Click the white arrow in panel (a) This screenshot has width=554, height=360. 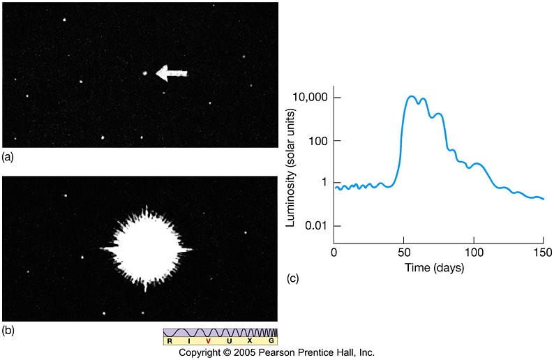click(172, 72)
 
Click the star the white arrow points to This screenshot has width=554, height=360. click(144, 72)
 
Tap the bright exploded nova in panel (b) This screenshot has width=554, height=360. click(145, 248)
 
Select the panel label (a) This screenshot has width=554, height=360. click(8, 157)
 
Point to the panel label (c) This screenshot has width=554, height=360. click(293, 278)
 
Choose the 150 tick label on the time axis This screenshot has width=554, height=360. click(543, 251)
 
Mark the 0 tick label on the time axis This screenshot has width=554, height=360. click(334, 251)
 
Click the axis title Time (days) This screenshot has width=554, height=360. click(437, 267)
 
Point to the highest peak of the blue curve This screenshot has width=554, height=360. click(412, 96)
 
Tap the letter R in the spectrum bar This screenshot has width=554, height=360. click(169, 341)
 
